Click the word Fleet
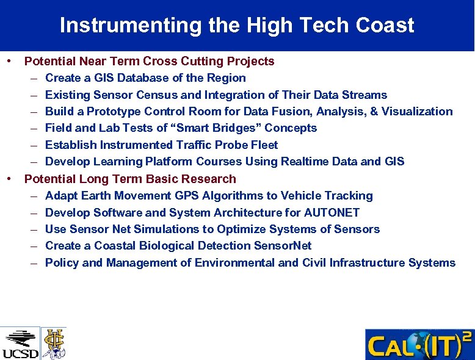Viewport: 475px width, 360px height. point(263,145)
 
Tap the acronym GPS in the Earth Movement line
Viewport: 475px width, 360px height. point(188,196)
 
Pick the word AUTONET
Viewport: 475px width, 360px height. point(330,213)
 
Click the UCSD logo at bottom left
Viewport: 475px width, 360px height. point(20,344)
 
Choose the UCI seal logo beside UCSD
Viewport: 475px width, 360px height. point(54,343)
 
